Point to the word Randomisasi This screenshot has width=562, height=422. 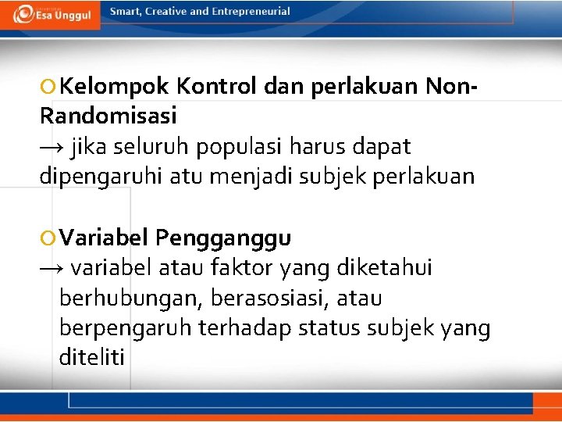coord(108,116)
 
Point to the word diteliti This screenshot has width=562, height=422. coord(91,358)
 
